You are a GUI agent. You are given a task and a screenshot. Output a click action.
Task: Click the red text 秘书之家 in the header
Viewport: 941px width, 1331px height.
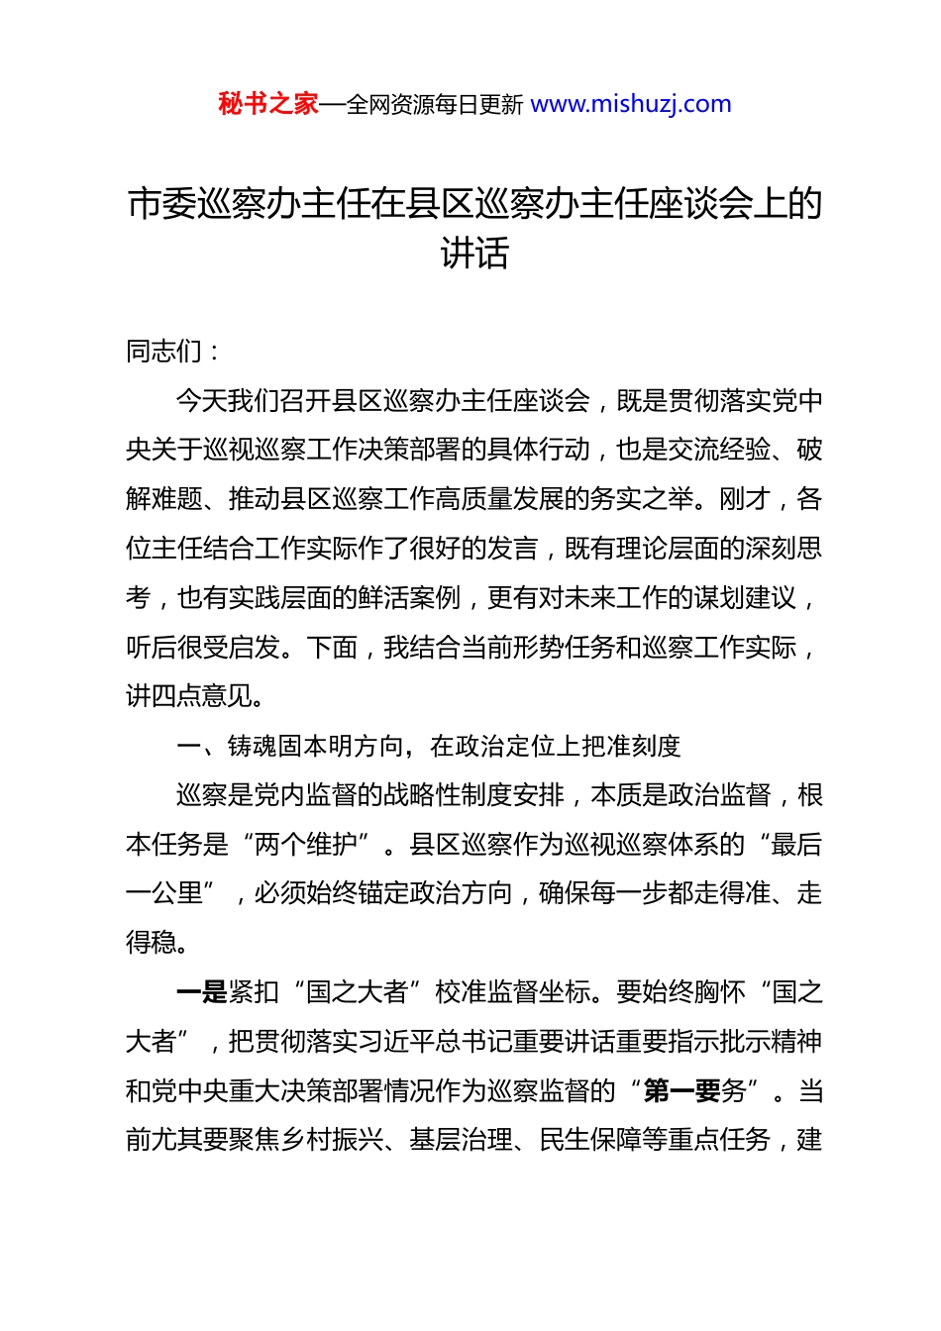click(268, 104)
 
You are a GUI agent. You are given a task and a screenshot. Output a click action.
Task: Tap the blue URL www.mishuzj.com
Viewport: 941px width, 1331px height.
click(631, 104)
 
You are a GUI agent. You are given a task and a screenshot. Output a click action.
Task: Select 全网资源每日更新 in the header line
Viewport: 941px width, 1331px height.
click(435, 105)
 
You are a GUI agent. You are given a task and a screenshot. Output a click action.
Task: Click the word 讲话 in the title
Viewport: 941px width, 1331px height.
click(474, 254)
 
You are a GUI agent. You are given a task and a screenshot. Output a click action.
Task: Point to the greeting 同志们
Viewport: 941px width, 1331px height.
click(163, 351)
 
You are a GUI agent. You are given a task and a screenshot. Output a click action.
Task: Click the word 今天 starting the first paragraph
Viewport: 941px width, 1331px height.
click(201, 400)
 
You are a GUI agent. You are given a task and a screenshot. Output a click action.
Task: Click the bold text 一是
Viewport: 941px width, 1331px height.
click(201, 992)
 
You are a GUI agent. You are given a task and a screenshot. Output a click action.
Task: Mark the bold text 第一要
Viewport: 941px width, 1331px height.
click(681, 1091)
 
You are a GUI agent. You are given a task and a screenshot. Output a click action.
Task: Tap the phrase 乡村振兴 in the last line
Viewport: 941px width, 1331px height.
click(332, 1140)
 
